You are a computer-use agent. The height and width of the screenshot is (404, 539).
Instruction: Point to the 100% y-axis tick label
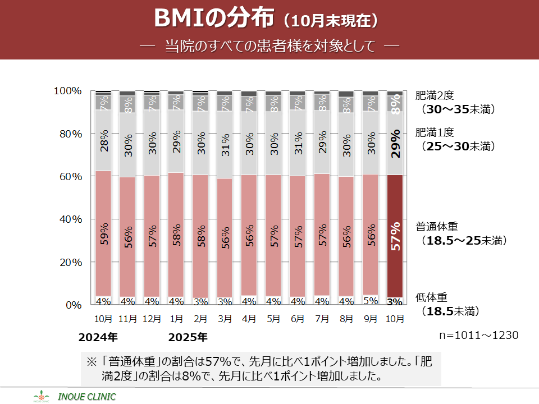(68, 91)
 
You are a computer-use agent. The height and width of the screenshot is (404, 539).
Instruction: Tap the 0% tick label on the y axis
(74, 305)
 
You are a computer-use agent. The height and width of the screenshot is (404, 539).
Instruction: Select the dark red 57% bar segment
(395, 236)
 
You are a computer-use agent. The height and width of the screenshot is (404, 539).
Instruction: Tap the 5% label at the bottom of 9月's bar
(371, 301)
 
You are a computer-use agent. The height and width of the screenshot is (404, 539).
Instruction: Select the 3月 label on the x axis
(225, 319)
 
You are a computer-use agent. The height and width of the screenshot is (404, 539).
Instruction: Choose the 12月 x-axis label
(152, 319)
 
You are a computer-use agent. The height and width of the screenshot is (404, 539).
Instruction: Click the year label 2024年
(98, 338)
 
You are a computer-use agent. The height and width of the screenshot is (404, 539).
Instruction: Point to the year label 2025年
(188, 338)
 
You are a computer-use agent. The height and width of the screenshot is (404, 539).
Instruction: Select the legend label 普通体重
(437, 227)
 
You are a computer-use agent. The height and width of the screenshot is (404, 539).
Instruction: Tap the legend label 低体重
(431, 297)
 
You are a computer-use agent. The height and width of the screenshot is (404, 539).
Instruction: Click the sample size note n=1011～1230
(478, 335)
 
